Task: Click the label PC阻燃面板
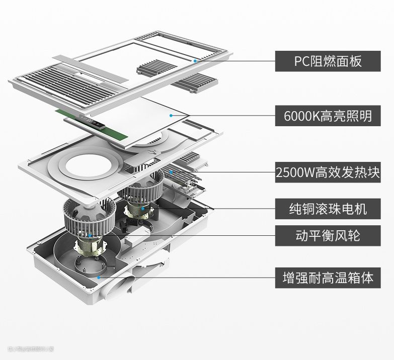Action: point(328,61)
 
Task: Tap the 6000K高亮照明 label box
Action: point(328,116)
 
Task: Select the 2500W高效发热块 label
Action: point(328,173)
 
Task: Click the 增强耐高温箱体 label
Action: point(328,278)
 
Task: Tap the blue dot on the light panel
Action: point(171,116)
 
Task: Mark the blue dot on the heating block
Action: point(171,172)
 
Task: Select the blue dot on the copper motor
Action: point(142,208)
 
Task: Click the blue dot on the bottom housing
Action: point(99,277)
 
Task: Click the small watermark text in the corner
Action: point(30,348)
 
